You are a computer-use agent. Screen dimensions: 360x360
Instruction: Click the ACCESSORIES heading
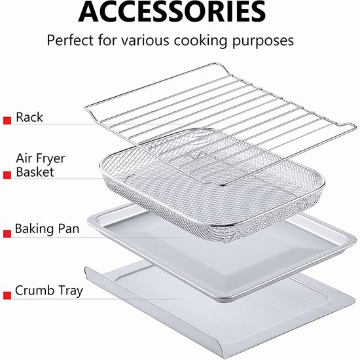[x=172, y=12]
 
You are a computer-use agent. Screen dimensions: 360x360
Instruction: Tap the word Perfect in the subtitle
[x=70, y=41]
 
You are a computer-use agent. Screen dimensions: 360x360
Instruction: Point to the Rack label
[x=29, y=117]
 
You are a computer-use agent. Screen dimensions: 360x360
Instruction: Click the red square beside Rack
[x=7, y=120]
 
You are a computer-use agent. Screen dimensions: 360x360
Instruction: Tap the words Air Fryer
[x=41, y=158]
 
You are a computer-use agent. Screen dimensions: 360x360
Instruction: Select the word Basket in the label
[x=35, y=172]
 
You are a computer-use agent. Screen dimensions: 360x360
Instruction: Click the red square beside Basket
[x=7, y=175]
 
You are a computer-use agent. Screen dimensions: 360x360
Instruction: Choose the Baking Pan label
[x=47, y=229]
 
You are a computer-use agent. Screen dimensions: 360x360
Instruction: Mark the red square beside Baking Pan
[x=7, y=234]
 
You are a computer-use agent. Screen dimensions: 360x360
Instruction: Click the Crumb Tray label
[x=49, y=291]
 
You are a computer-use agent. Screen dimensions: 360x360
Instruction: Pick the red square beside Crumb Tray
[x=7, y=295]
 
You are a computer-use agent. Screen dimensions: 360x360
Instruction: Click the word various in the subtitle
[x=145, y=41]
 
